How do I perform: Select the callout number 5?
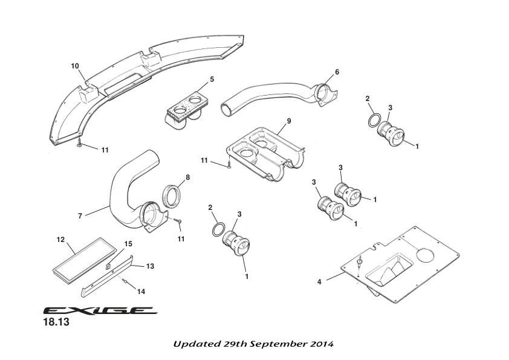[x=212, y=79]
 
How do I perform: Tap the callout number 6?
[x=337, y=72]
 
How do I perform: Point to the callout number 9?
[x=289, y=121]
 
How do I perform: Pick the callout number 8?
[x=187, y=177]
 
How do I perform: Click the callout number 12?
[x=60, y=240]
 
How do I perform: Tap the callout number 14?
[x=141, y=291]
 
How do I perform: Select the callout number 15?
[x=128, y=244]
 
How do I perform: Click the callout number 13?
[x=151, y=266]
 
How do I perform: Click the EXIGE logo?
[x=100, y=311]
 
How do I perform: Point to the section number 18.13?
[x=56, y=323]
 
